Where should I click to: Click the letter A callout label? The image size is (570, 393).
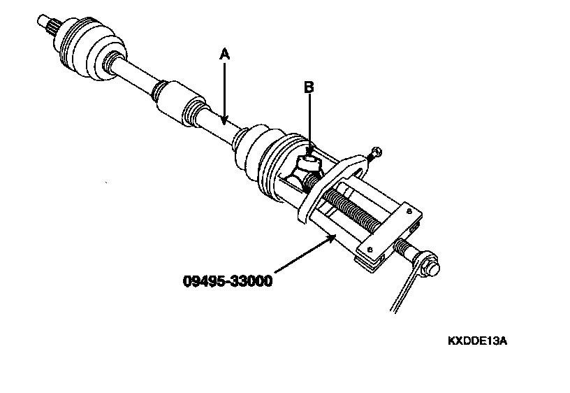tap(224, 53)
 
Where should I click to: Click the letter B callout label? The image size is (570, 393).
tap(308, 87)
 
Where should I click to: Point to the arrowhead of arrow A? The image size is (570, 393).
tap(224, 123)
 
